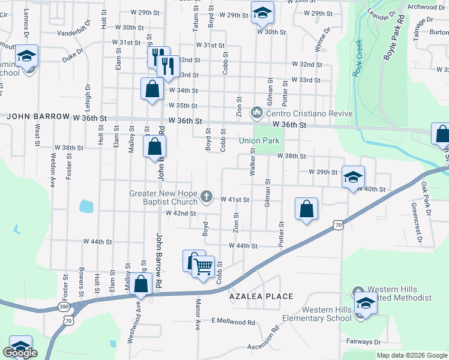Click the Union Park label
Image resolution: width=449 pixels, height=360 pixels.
click(x=260, y=141)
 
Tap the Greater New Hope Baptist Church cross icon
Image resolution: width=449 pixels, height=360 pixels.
click(x=206, y=196)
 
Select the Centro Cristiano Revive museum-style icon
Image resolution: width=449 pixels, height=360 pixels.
click(x=257, y=112)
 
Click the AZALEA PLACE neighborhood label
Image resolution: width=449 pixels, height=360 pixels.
click(x=261, y=296)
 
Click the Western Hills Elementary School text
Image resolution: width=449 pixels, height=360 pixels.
click(x=318, y=314)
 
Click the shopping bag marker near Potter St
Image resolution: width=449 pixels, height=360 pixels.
click(x=306, y=209)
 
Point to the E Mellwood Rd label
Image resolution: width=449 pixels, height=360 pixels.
click(x=233, y=322)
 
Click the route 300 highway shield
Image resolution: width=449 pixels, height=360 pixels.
click(x=64, y=307)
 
